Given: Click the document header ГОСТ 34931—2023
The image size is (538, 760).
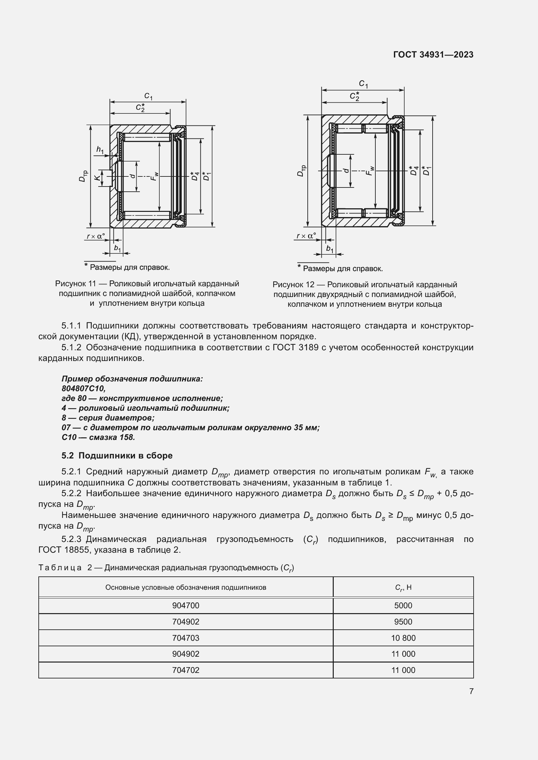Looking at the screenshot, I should pos(433,55).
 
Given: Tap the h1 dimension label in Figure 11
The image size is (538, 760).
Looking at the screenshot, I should pos(100,150).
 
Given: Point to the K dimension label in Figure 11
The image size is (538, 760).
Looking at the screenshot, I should pos(97,178).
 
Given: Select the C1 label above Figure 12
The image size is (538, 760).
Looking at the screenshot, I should pos(363,84).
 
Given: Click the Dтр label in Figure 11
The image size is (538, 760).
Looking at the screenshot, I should pos(84,176).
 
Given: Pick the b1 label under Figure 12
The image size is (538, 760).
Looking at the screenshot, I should pos(330,249).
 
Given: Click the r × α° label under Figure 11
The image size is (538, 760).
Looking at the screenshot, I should pos(95,236).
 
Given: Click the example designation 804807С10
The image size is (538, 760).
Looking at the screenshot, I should pos(84,388).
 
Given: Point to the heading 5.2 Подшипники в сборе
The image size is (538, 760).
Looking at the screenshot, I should pos(117,456).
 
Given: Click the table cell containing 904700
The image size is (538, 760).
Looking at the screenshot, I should pos(185,605).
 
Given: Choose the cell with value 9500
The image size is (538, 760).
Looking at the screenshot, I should pos(403,622).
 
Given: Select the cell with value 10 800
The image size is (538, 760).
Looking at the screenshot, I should pos(403,638).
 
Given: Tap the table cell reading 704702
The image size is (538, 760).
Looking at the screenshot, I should pos(185,670).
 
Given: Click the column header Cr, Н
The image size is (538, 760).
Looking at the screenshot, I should pos(403,587).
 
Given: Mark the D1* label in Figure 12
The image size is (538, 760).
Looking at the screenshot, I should pos(427,171).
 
